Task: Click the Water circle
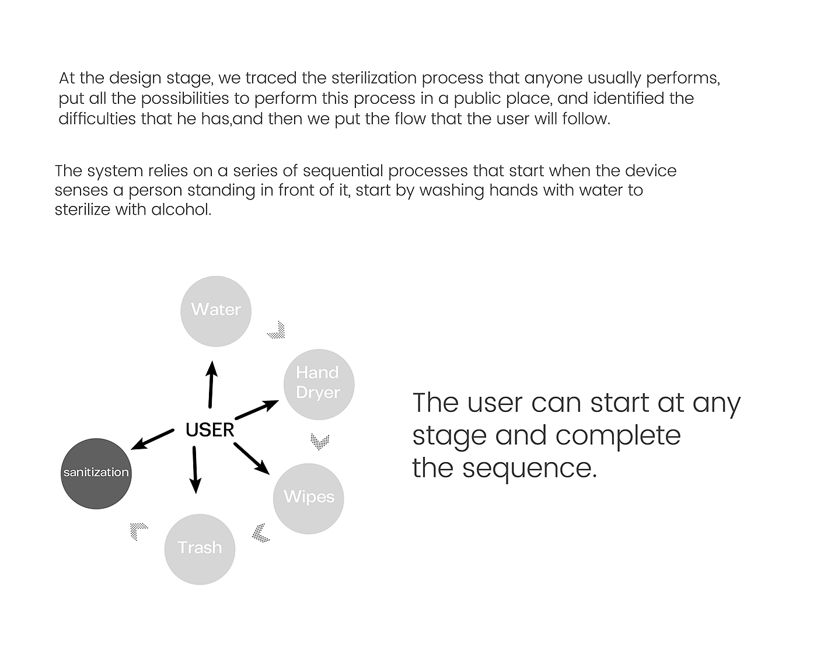point(216,312)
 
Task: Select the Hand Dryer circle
point(319,385)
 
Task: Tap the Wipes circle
point(308,498)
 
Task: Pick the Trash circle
point(200,550)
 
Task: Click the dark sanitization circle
point(96,473)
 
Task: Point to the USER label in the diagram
point(210,430)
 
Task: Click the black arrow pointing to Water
point(211,385)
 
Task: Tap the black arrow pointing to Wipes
point(252,459)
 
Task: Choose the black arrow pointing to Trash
point(195,470)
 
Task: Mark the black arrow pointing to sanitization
point(152,439)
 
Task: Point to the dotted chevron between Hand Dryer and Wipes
point(320,442)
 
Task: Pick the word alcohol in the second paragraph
point(181,209)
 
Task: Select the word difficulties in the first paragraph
point(97,118)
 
